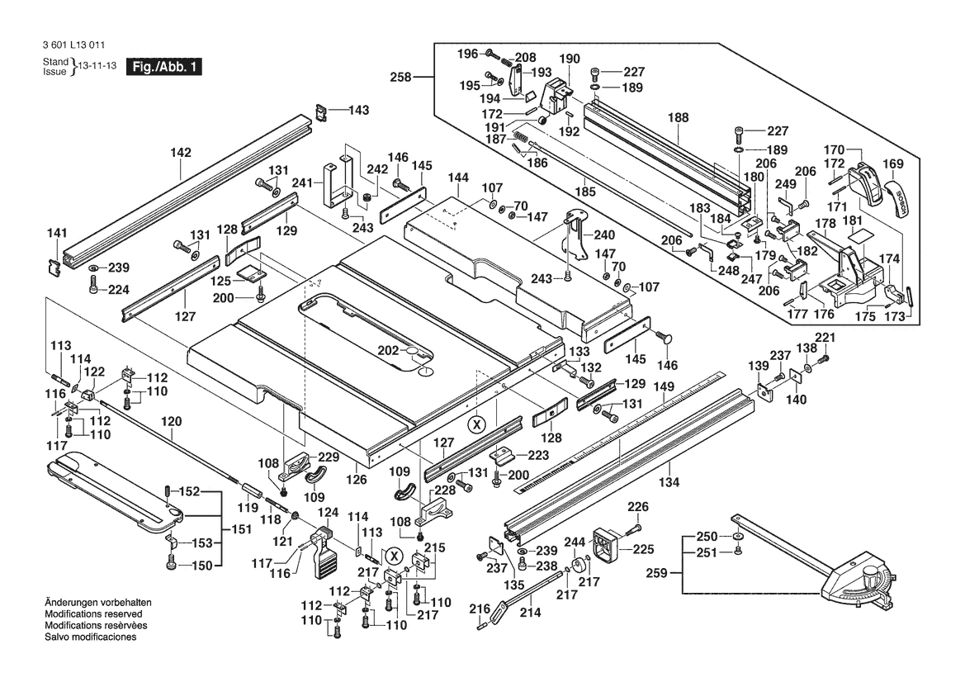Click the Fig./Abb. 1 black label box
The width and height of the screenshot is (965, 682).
click(163, 67)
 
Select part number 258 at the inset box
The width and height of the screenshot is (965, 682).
click(400, 78)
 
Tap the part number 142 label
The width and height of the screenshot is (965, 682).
click(181, 153)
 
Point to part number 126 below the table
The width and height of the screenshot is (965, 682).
click(357, 480)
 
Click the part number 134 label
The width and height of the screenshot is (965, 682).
click(669, 482)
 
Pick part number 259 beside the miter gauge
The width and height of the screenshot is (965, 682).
click(656, 573)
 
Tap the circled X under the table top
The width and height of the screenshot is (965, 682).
click(475, 424)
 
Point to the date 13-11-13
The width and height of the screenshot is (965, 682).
click(97, 66)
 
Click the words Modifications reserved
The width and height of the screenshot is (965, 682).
click(93, 614)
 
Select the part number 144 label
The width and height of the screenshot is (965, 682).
click(458, 178)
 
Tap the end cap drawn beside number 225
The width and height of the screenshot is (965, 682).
click(604, 545)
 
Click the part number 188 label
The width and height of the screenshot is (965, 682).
click(679, 117)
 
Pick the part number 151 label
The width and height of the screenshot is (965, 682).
click(242, 529)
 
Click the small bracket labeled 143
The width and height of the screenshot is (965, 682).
click(320, 111)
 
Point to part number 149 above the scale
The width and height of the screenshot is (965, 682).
click(664, 387)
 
